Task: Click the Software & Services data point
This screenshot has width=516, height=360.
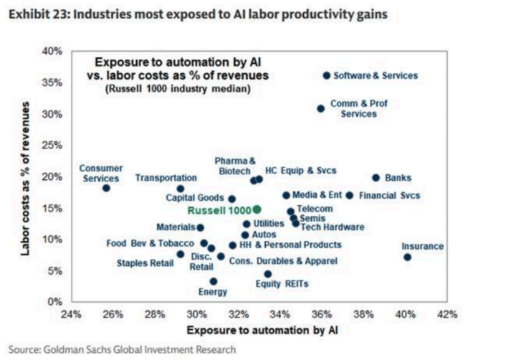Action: (x=327, y=75)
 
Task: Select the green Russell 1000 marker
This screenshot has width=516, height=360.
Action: (x=257, y=209)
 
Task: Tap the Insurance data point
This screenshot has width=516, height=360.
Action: (x=407, y=257)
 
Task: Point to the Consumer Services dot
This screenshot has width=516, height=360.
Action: (x=106, y=188)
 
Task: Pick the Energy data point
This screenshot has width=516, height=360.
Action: (x=214, y=281)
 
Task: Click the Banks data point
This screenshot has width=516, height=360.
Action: (x=376, y=178)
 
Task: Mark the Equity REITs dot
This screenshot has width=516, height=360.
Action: (x=268, y=274)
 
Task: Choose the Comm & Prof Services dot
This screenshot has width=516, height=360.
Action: (x=320, y=108)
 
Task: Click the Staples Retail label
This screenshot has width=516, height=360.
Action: (x=145, y=263)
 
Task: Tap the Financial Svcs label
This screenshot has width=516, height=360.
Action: (x=388, y=195)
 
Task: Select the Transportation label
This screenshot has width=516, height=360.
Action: (x=166, y=178)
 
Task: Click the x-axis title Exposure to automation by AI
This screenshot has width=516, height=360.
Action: (x=259, y=331)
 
